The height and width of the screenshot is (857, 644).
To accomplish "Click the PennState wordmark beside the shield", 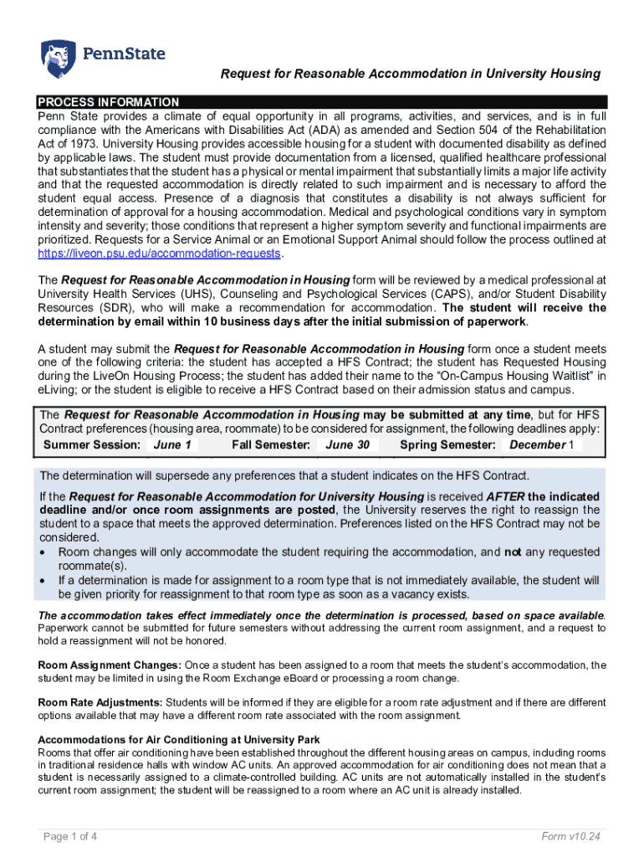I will pyautogui.click(x=123, y=54).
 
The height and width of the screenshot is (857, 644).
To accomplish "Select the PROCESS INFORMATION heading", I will pyautogui.click(x=108, y=102).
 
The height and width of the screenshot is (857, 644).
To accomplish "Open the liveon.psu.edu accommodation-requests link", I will pyautogui.click(x=160, y=254).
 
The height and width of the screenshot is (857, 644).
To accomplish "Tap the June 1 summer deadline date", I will pyautogui.click(x=172, y=445).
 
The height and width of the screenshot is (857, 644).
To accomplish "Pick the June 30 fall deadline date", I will pyautogui.click(x=347, y=445).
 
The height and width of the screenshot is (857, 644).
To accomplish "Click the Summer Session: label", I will pyautogui.click(x=92, y=445).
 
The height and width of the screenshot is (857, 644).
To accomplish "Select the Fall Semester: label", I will pyautogui.click(x=271, y=445).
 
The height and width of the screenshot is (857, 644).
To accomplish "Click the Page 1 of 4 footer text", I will pyautogui.click(x=69, y=836).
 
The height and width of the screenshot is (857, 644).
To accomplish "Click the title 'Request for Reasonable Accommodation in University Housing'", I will pyautogui.click(x=410, y=74).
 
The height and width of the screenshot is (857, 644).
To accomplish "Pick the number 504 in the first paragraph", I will pyautogui.click(x=468, y=131).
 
